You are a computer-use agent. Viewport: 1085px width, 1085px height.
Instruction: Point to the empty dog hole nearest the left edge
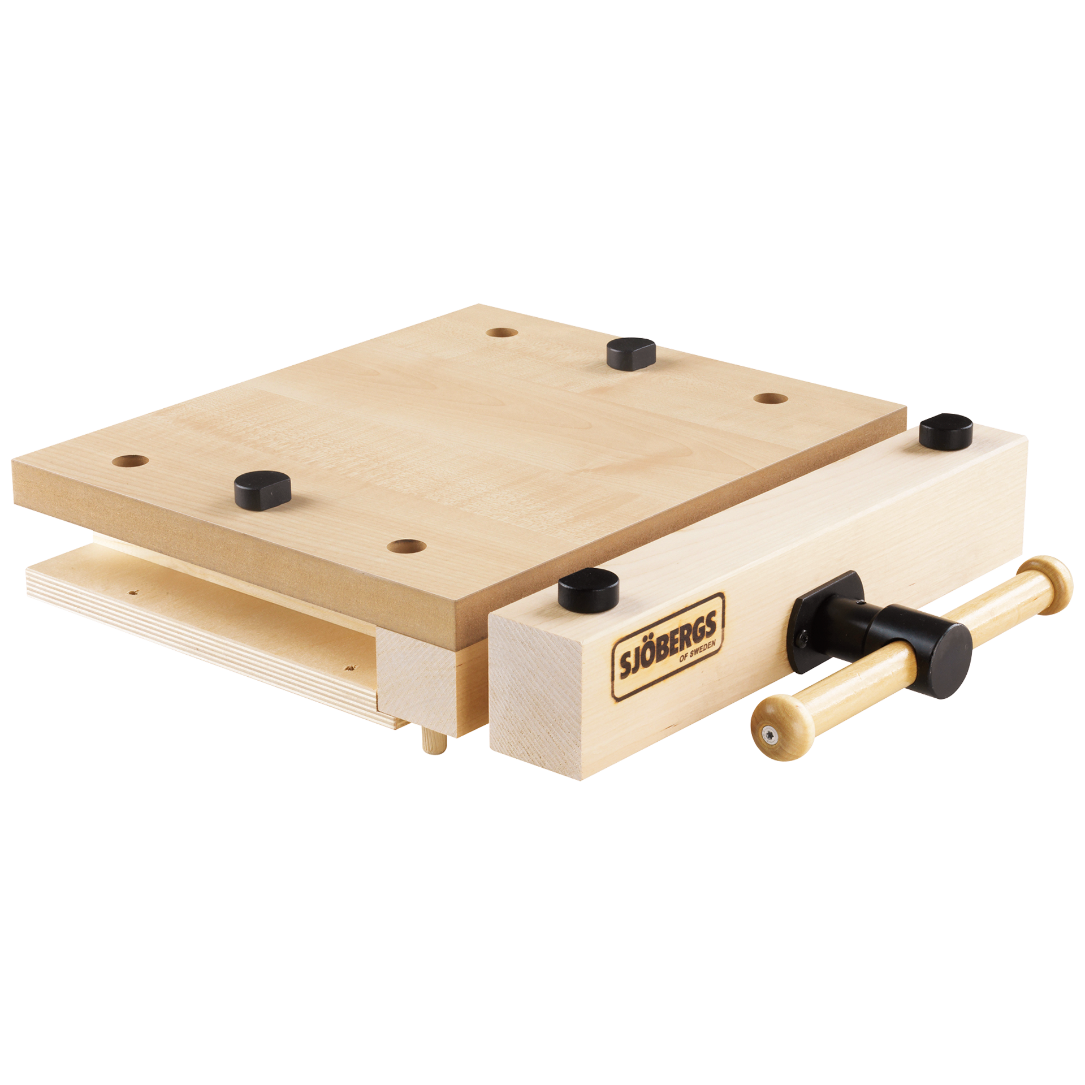tap(130, 461)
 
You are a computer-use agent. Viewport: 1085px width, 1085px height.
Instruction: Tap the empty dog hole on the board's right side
tap(771, 399)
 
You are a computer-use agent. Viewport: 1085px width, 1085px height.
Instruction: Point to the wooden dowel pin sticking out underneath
tap(433, 745)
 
